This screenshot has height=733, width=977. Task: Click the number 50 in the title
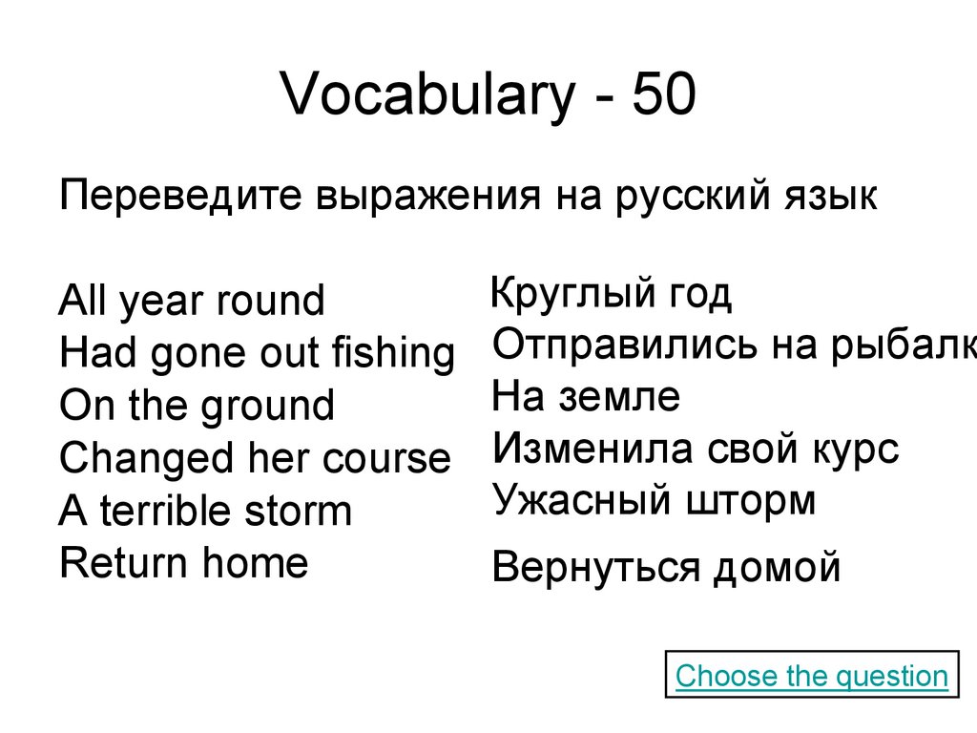[x=659, y=97]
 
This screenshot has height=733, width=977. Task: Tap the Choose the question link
[x=811, y=677]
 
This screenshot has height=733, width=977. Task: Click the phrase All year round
[x=191, y=302]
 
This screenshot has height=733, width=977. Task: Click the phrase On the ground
[x=197, y=406]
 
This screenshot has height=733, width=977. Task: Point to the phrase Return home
[x=183, y=562]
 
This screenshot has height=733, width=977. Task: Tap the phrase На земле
[x=586, y=397]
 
